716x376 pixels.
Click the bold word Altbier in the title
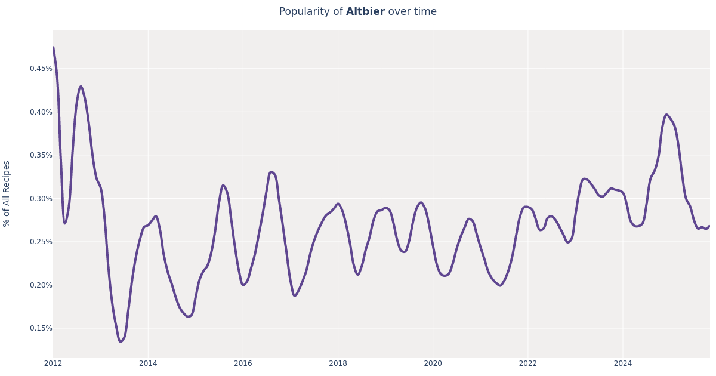tap(365, 12)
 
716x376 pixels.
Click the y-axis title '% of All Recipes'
tap(7, 193)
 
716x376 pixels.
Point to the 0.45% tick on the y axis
tap(41, 69)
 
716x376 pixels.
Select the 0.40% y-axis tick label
tap(41, 112)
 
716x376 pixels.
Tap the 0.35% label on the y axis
tap(41, 155)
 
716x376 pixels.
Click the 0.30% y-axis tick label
tap(41, 199)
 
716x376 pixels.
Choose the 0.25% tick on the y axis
tap(41, 242)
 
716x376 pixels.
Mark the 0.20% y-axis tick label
tap(41, 285)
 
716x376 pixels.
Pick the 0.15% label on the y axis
tap(41, 328)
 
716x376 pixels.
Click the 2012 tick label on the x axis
tap(53, 363)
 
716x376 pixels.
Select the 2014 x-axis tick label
tap(148, 363)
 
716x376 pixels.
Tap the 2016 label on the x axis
tap(243, 363)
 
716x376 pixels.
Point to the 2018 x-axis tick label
tap(338, 363)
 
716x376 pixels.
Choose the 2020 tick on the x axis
tap(433, 363)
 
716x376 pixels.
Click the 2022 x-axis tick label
tap(527, 363)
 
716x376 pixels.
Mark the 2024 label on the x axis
tap(622, 363)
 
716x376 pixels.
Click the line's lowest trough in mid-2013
tap(121, 341)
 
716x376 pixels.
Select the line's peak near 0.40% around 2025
tap(666, 115)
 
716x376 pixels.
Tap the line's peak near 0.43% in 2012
tap(81, 87)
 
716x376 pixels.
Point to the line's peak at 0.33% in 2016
tap(271, 172)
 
